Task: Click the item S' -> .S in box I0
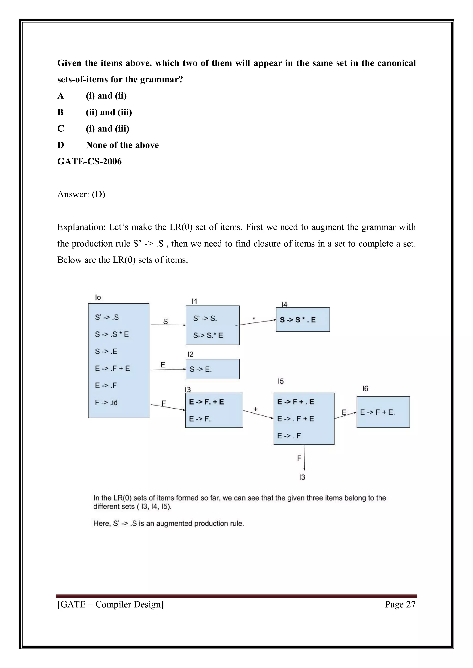[x=107, y=317]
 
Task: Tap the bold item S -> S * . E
[x=298, y=320]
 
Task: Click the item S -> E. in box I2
[x=200, y=369]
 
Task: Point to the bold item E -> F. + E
[x=206, y=402]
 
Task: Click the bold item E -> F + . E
[x=296, y=402]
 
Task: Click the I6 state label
[x=365, y=388]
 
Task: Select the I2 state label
[x=191, y=354]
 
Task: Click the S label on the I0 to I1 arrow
[x=165, y=322]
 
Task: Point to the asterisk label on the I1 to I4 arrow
[x=254, y=319]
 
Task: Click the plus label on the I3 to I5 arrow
[x=255, y=409]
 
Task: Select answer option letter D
[x=61, y=145]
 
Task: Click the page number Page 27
[x=400, y=604]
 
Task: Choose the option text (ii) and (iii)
[x=109, y=112]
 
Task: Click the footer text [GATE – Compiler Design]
[x=110, y=604]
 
